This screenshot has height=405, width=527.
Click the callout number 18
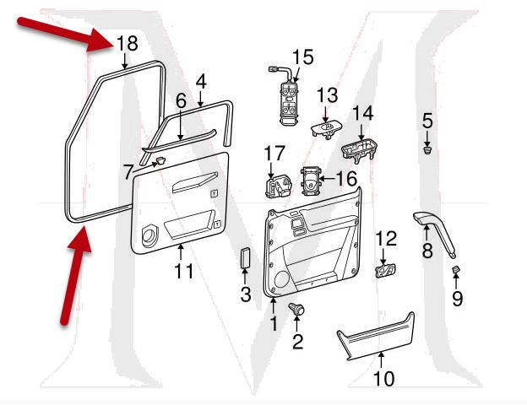(126, 44)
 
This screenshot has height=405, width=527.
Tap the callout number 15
(302, 57)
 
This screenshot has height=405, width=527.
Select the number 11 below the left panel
(183, 271)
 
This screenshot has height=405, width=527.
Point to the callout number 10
(383, 379)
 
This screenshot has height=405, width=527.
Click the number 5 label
(428, 121)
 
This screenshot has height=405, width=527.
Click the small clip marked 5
(428, 152)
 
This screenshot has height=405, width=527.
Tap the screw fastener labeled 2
(297, 310)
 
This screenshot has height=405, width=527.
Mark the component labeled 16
(312, 180)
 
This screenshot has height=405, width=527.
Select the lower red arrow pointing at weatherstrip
(73, 274)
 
